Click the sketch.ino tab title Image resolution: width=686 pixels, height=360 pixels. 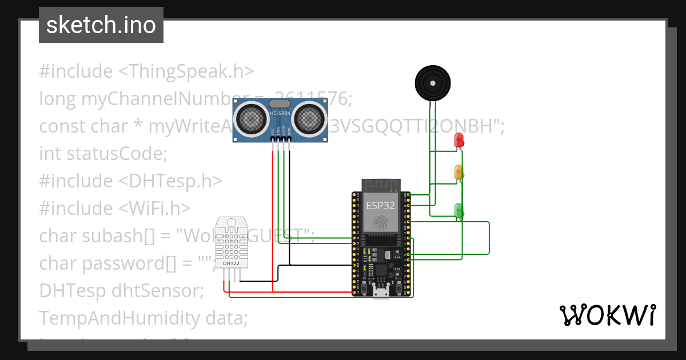[x=101, y=25]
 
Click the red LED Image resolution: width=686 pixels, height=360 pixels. [x=458, y=140]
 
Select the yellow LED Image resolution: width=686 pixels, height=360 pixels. [x=458, y=172]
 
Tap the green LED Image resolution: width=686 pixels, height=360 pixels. [x=458, y=210]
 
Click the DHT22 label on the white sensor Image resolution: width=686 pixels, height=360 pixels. [x=232, y=263]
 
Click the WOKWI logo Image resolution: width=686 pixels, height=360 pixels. [x=607, y=315]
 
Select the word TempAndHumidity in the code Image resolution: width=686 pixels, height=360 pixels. [x=121, y=318]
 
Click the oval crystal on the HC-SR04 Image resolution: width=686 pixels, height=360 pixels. [x=280, y=103]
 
